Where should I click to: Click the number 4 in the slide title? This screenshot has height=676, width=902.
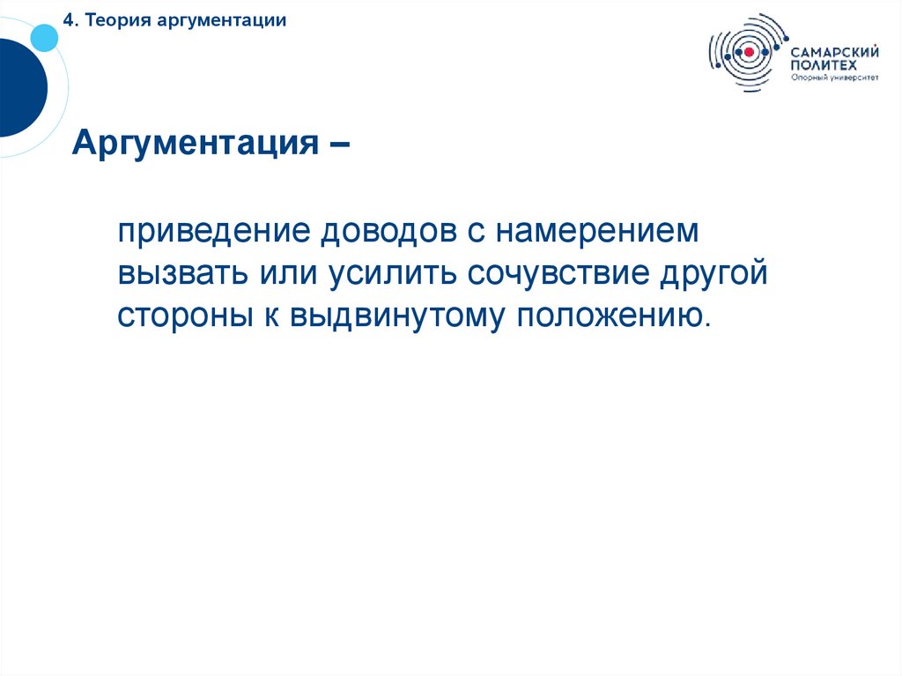pos(66,20)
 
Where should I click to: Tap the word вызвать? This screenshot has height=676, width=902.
pos(182,273)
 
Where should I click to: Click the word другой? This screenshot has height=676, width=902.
pos(715,273)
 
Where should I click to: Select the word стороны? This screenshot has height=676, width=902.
pos(183,315)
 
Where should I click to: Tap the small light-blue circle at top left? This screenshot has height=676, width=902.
pos(44,36)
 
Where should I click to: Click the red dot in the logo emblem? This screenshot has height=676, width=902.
pos(749,53)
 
